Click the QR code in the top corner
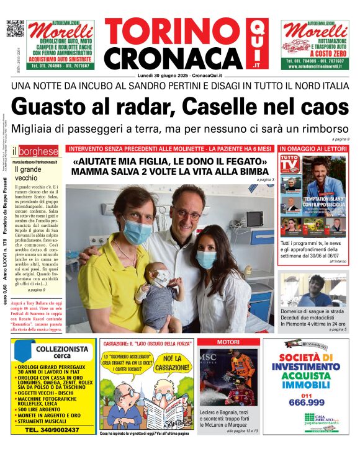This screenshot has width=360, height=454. [15, 29]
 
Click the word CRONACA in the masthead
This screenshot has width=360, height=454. [173, 58]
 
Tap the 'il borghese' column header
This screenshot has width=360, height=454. [37, 151]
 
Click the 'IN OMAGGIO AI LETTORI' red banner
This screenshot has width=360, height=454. [313, 149]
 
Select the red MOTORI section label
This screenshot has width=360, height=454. [227, 342]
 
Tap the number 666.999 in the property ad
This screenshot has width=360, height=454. [305, 402]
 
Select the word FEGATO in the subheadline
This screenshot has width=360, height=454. [246, 162]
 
